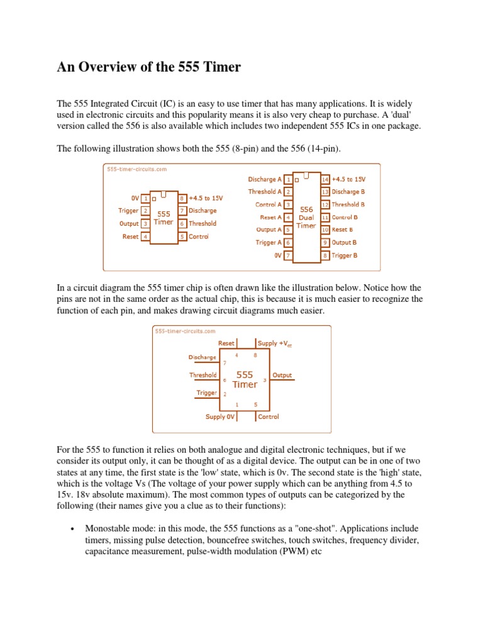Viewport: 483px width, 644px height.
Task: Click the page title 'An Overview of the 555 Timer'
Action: pos(148,67)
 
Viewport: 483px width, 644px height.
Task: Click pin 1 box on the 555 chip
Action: pos(145,197)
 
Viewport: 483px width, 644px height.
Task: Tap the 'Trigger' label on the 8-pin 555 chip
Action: pos(128,211)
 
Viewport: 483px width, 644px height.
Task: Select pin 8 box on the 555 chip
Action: pos(182,197)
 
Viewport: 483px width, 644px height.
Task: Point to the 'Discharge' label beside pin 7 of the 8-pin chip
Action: pos(203,211)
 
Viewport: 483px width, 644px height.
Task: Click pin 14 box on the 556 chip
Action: pos(325,179)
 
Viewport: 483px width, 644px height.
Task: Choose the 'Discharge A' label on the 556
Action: pos(264,179)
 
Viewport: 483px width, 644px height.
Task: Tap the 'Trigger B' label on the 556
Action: pos(344,255)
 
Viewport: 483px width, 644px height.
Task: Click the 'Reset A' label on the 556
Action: pos(270,217)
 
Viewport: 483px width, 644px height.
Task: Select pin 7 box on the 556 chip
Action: pos(287,255)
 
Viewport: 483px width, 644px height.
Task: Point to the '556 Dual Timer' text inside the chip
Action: pos(306,217)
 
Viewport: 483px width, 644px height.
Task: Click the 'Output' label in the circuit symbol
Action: pos(282,375)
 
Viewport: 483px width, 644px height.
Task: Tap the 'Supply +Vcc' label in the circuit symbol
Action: pos(275,343)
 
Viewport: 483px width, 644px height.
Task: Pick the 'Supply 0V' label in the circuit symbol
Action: pos(219,416)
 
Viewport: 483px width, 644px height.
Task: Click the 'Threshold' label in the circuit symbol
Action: pos(203,375)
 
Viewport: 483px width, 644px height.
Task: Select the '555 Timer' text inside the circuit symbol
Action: pos(245,379)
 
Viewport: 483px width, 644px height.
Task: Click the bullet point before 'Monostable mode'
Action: pos(74,529)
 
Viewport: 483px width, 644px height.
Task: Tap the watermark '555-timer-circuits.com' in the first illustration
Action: pos(136,169)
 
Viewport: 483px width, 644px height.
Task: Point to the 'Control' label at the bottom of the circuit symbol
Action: pos(269,416)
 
